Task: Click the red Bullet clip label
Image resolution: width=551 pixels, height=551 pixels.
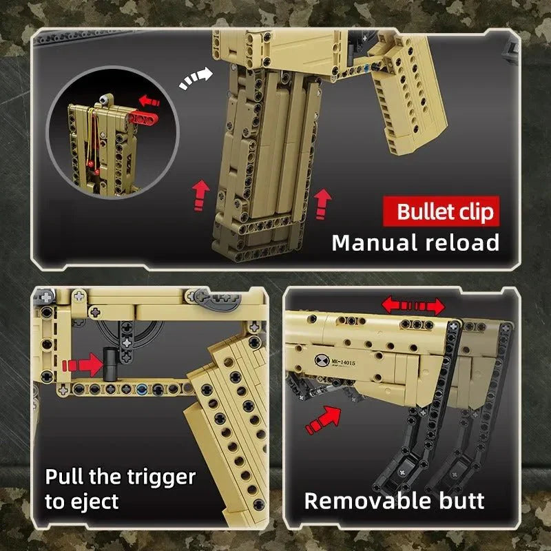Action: [x=446, y=211]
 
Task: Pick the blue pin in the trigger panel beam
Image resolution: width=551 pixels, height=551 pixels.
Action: [x=142, y=389]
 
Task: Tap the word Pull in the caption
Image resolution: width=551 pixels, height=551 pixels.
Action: [x=64, y=477]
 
